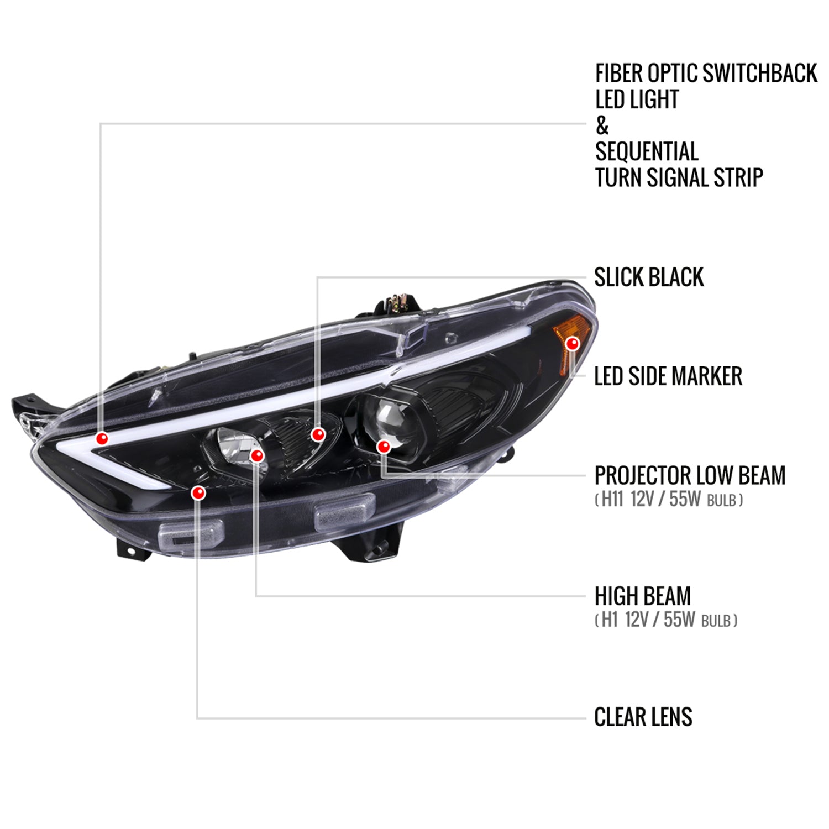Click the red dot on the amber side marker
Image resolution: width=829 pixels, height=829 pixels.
coord(573,344)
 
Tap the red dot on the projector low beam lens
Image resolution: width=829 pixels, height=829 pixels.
coord(384,446)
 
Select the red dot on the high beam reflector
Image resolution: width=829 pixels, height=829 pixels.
coord(257,455)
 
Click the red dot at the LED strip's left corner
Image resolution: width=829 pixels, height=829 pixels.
coord(102,438)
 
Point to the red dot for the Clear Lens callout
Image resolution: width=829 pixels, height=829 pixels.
coord(198,492)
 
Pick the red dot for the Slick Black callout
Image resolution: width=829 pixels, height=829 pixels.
coord(318,434)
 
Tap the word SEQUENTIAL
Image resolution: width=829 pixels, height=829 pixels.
coord(647,151)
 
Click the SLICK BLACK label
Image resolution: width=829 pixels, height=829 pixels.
coord(649,277)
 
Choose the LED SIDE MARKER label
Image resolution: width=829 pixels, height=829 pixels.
coord(668,376)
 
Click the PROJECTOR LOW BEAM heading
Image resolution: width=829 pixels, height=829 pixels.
coord(690,475)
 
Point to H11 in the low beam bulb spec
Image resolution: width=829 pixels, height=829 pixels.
coord(612,499)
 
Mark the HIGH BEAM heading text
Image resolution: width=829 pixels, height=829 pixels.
coord(643,596)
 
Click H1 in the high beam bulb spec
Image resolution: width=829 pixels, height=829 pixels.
coord(609,620)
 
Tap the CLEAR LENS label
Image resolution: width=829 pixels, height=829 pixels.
coord(643,717)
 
